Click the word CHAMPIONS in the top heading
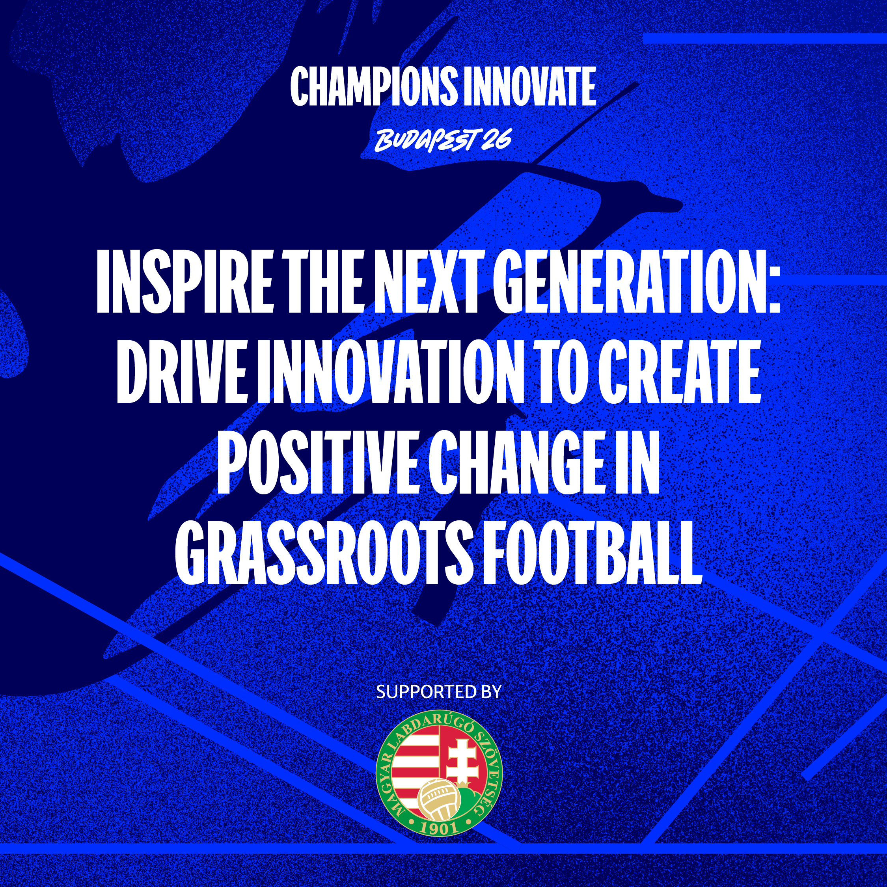[x=374, y=86]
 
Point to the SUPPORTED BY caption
[x=438, y=692]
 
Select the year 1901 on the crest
[x=438, y=827]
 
